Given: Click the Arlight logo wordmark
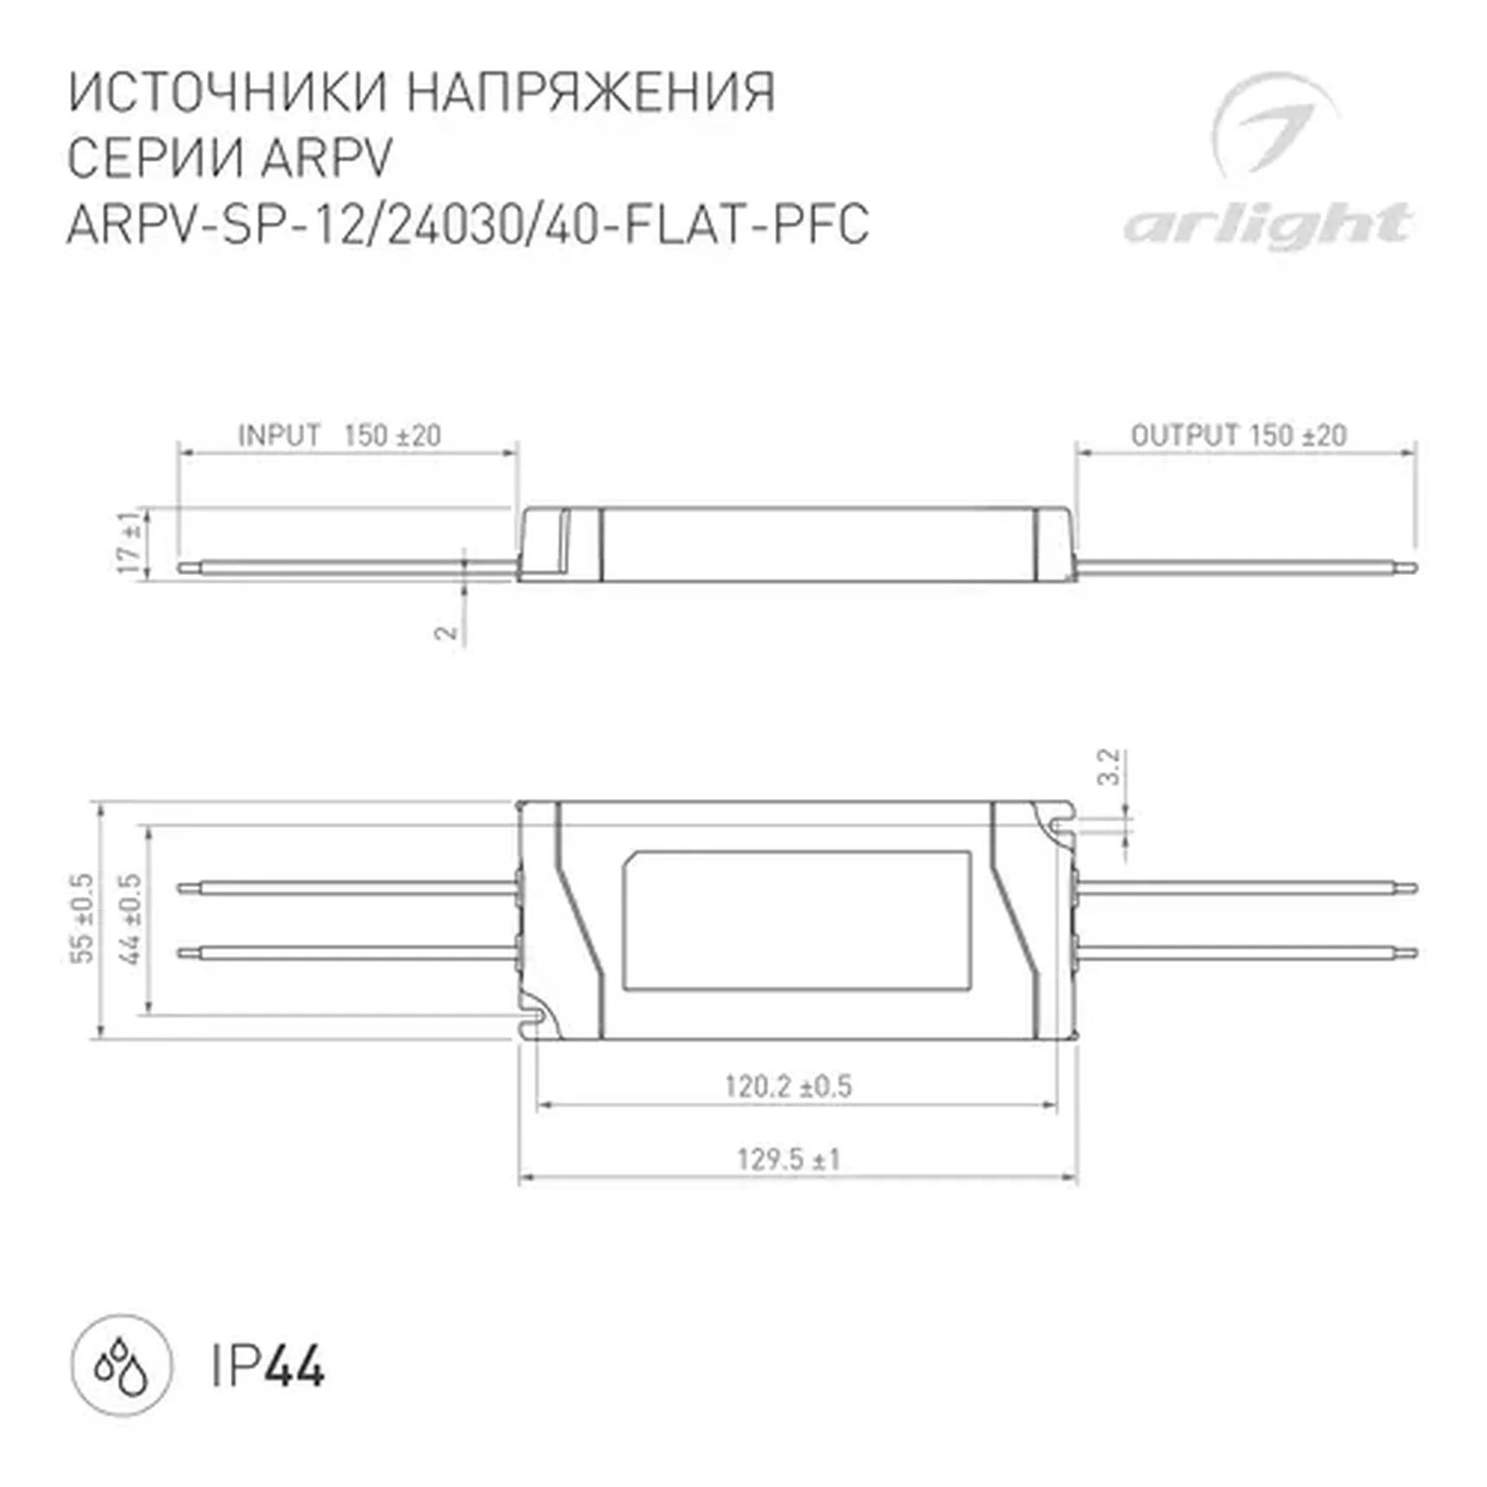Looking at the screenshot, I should pyautogui.click(x=1267, y=226).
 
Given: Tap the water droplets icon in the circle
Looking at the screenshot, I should pyautogui.click(x=121, y=1366).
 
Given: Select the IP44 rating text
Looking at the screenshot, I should pyautogui.click(x=268, y=1367).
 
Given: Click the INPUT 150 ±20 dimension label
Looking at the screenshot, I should pyautogui.click(x=339, y=435).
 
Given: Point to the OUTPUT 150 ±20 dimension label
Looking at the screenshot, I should pyautogui.click(x=1238, y=435).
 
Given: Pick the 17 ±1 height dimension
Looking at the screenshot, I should pyautogui.click(x=130, y=543).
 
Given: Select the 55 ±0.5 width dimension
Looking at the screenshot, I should pyautogui.click(x=83, y=918).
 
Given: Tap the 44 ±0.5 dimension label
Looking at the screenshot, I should pyautogui.click(x=130, y=918).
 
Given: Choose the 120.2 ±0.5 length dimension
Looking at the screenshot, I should pyautogui.click(x=788, y=1086).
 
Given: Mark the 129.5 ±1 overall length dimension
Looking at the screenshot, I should pyautogui.click(x=788, y=1158).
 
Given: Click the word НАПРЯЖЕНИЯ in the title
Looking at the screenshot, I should pyautogui.click(x=591, y=93).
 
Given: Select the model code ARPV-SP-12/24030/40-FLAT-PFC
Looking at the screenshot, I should pyautogui.click(x=468, y=225).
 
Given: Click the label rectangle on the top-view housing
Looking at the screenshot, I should pyautogui.click(x=796, y=920).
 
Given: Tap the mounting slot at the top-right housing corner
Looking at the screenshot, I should pyautogui.click(x=1062, y=825).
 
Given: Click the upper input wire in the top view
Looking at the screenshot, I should pyautogui.click(x=346, y=888).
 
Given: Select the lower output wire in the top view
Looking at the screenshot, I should pyautogui.click(x=1245, y=954).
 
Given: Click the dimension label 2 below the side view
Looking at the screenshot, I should pyautogui.click(x=445, y=632).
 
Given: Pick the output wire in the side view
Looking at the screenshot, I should pyautogui.click(x=1245, y=568).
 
